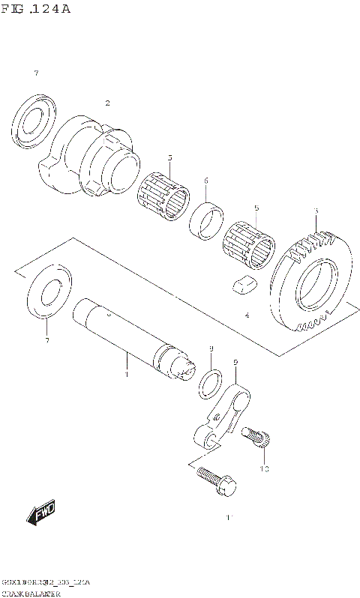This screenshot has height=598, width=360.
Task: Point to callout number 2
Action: coord(107,103)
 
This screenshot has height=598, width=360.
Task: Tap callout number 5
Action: coord(256,208)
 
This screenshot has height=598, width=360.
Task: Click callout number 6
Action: coord(206,181)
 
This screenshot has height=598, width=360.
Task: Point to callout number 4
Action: coord(247,315)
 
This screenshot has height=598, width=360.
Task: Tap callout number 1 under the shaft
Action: coord(126,373)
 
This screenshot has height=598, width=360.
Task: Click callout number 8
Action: coord(211,349)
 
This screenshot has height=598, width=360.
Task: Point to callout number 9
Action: coord(235,363)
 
